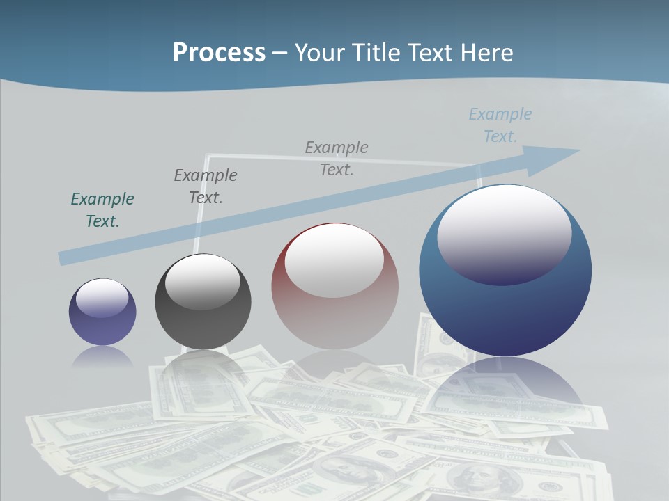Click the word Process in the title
coord(219,53)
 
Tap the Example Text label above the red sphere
coord(337,159)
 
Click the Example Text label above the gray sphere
coord(206,186)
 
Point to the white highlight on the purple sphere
coord(102,297)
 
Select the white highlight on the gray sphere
coord(203,281)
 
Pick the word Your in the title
coord(318,53)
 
